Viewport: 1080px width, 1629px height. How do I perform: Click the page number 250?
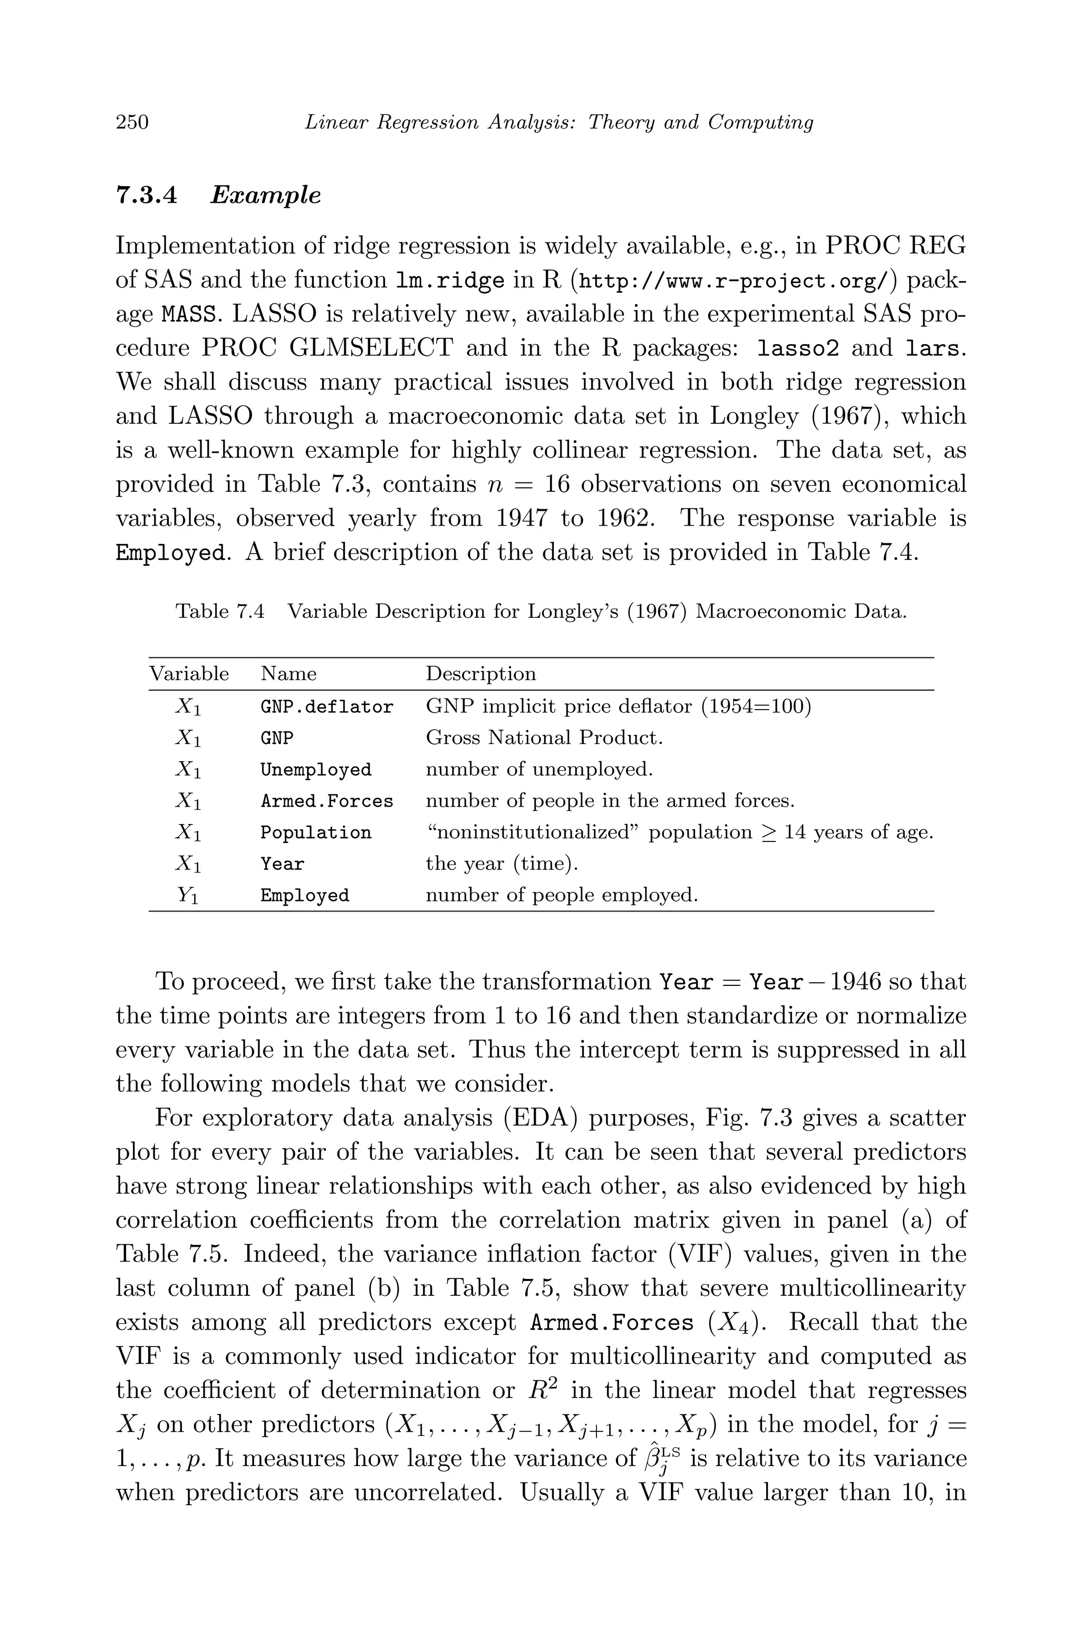(x=132, y=122)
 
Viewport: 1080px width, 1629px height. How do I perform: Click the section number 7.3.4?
(x=146, y=196)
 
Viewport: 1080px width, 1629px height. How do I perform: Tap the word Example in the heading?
(x=265, y=196)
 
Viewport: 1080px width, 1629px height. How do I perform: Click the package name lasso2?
(x=797, y=348)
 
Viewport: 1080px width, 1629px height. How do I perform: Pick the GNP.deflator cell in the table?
(x=326, y=707)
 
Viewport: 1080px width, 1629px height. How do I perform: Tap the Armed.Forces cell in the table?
(x=326, y=801)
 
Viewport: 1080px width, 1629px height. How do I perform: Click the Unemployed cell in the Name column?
(x=315, y=770)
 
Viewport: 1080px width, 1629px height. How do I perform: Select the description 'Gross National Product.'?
(x=544, y=738)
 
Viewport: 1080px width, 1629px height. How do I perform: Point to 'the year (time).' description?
(x=502, y=864)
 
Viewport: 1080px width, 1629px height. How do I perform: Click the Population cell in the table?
(x=315, y=832)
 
